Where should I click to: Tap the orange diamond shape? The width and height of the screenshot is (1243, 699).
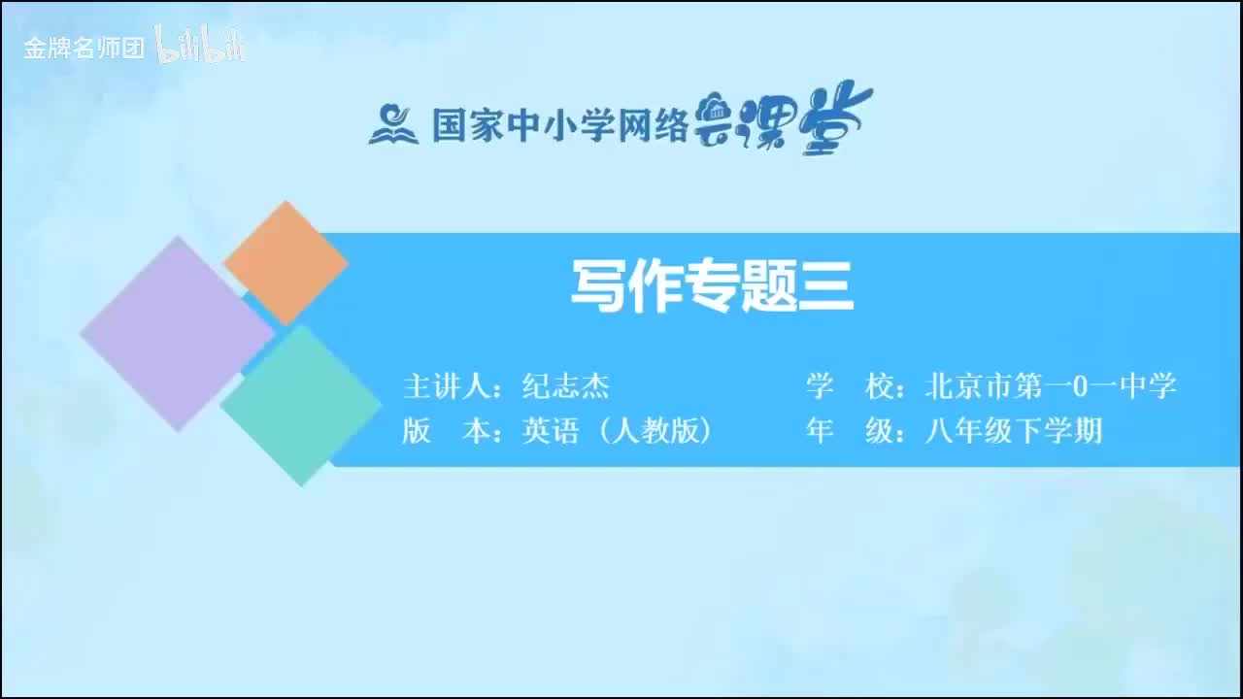286,262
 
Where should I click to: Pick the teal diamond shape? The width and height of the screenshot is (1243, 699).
300,405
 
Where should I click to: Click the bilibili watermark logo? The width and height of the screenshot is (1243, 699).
201,46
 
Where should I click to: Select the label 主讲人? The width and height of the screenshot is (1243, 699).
446,386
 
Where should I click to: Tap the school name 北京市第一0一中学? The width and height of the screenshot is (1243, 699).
1051,386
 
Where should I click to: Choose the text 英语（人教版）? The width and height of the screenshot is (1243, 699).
617,430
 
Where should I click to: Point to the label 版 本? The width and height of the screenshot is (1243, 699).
446,430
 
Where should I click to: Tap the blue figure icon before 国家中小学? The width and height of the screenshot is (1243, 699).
392,123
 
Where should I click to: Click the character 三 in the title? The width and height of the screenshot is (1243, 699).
825,287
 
